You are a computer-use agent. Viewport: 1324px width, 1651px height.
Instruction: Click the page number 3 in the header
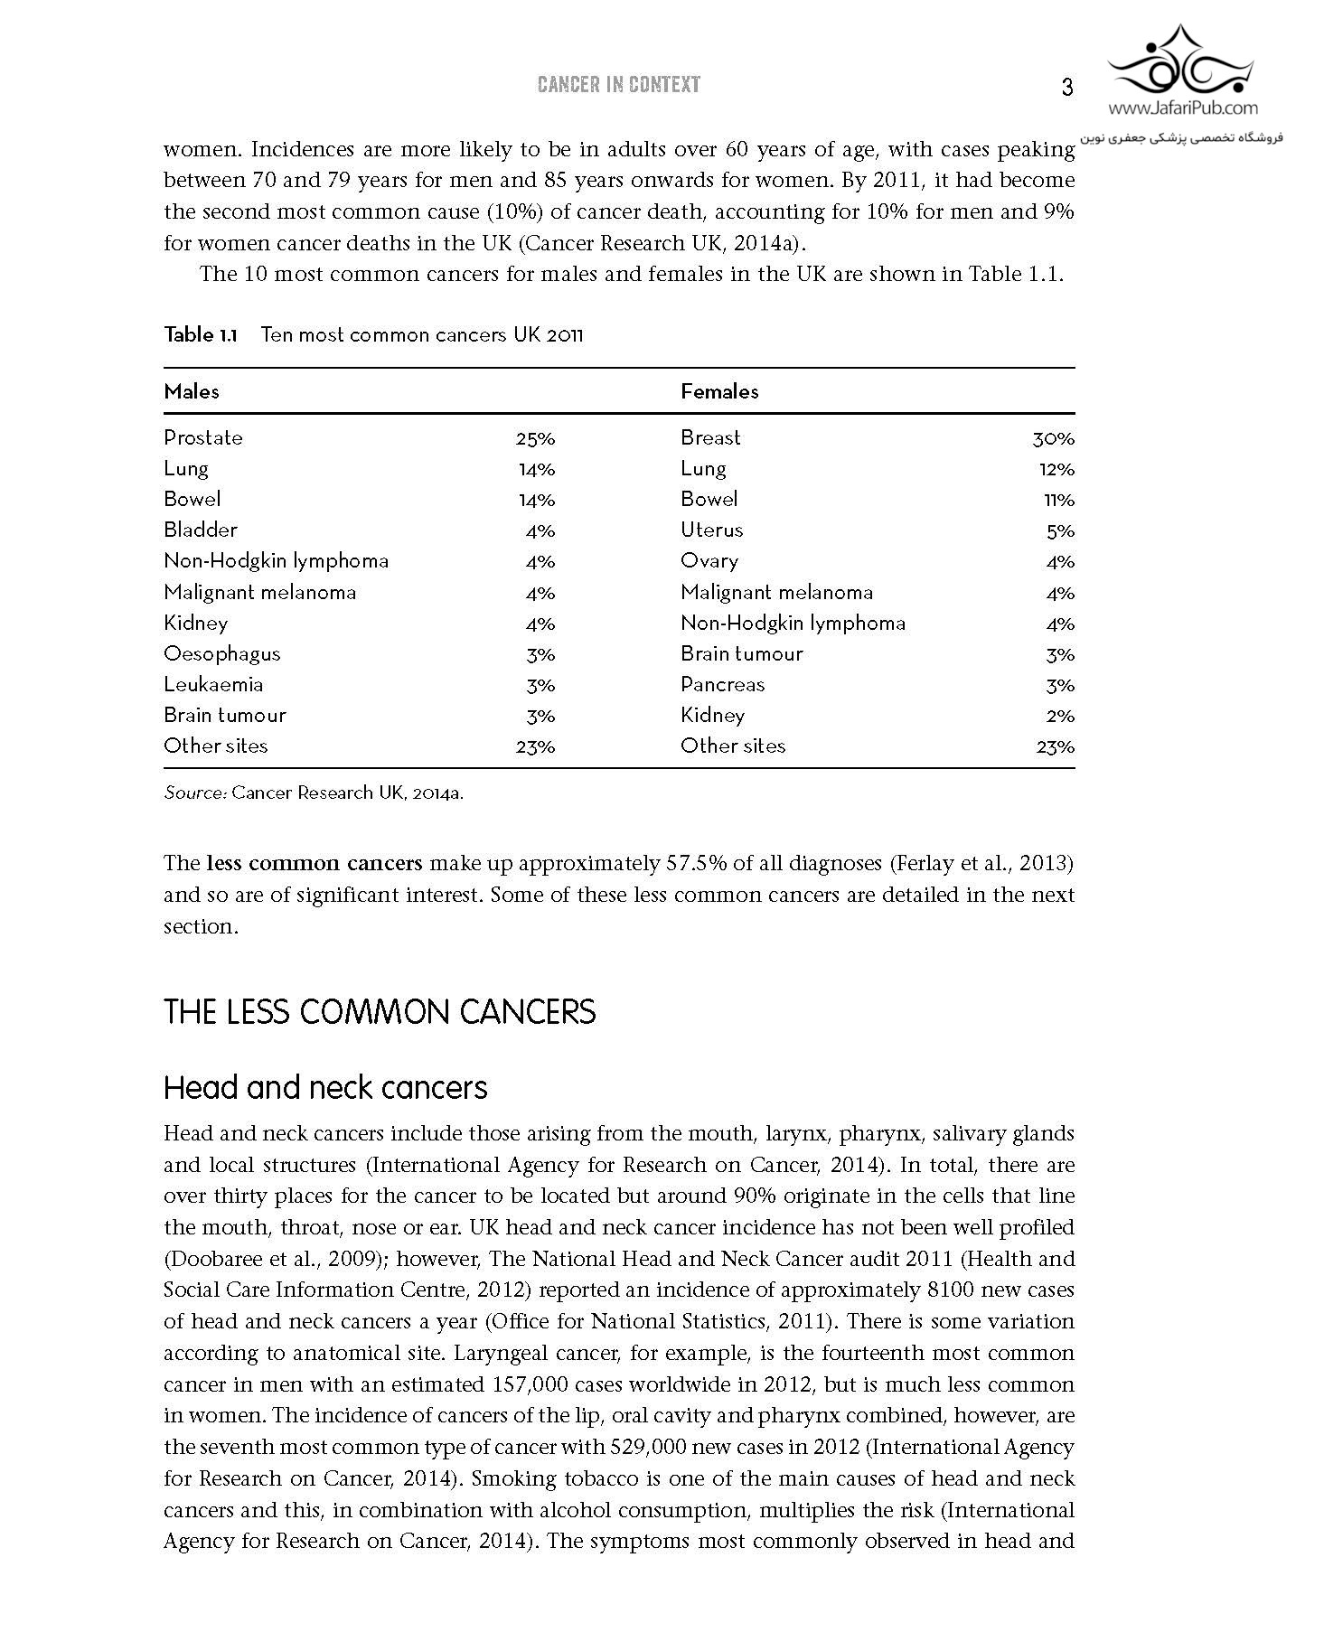pyautogui.click(x=1066, y=88)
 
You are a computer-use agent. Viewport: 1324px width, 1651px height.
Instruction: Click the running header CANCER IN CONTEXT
pyautogui.click(x=619, y=85)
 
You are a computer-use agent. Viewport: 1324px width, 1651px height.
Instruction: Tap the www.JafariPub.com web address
pyautogui.click(x=1182, y=108)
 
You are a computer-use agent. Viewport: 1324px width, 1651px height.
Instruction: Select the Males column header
pyautogui.click(x=192, y=391)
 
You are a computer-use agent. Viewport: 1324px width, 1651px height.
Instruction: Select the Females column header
pyautogui.click(x=719, y=391)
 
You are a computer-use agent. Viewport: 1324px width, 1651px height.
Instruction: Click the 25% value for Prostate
pyautogui.click(x=535, y=439)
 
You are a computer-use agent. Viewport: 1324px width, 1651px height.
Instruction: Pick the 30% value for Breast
pyautogui.click(x=1053, y=439)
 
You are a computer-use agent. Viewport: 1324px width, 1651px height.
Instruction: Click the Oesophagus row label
pyautogui.click(x=222, y=654)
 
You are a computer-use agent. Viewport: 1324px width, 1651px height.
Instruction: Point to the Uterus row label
pyautogui.click(x=712, y=530)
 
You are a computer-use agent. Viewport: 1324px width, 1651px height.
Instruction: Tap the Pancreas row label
pyautogui.click(x=723, y=685)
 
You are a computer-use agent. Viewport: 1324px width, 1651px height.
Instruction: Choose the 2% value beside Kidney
pyautogui.click(x=1059, y=717)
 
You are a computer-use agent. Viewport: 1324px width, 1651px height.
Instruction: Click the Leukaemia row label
pyautogui.click(x=213, y=685)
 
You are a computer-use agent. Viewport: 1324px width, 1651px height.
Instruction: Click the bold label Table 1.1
pyautogui.click(x=200, y=335)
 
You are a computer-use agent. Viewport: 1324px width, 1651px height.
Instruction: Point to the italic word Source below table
pyautogui.click(x=194, y=793)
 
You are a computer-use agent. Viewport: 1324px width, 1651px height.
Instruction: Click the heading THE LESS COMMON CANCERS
pyautogui.click(x=380, y=1011)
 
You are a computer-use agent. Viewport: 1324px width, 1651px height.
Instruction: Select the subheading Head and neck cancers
pyautogui.click(x=325, y=1087)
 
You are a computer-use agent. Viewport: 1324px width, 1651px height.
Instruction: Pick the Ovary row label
pyautogui.click(x=709, y=561)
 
